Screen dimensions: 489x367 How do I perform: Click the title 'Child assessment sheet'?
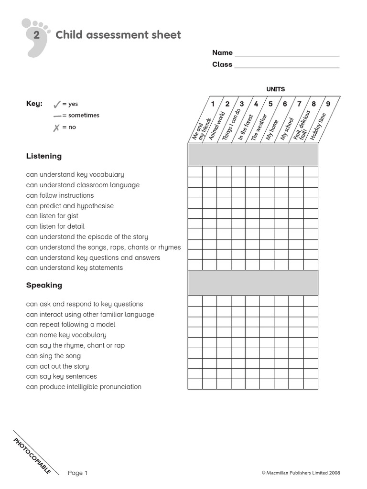[x=118, y=35]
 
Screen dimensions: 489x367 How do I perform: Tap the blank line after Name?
[x=287, y=53]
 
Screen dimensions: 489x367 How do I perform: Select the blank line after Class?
[x=287, y=65]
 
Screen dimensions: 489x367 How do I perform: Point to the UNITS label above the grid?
[x=276, y=89]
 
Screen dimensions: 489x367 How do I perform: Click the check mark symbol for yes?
[x=57, y=104]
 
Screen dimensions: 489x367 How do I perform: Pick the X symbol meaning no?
[x=56, y=128]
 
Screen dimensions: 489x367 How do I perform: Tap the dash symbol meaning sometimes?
[x=57, y=116]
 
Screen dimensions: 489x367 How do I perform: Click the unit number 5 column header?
[x=270, y=104]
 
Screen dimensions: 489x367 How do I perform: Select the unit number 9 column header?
[x=328, y=104]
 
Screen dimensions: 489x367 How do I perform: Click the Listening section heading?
[x=44, y=156]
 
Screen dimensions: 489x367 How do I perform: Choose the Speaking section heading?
[x=44, y=286]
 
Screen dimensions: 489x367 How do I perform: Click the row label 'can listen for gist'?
[x=52, y=216]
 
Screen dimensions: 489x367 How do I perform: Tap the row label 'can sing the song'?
[x=54, y=356]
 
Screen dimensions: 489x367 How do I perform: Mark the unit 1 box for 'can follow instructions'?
[x=195, y=193]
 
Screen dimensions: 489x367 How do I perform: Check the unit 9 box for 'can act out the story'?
[x=311, y=363]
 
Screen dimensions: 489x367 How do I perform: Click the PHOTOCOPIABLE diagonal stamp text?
[x=32, y=455]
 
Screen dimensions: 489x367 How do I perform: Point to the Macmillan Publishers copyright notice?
[x=301, y=473]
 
